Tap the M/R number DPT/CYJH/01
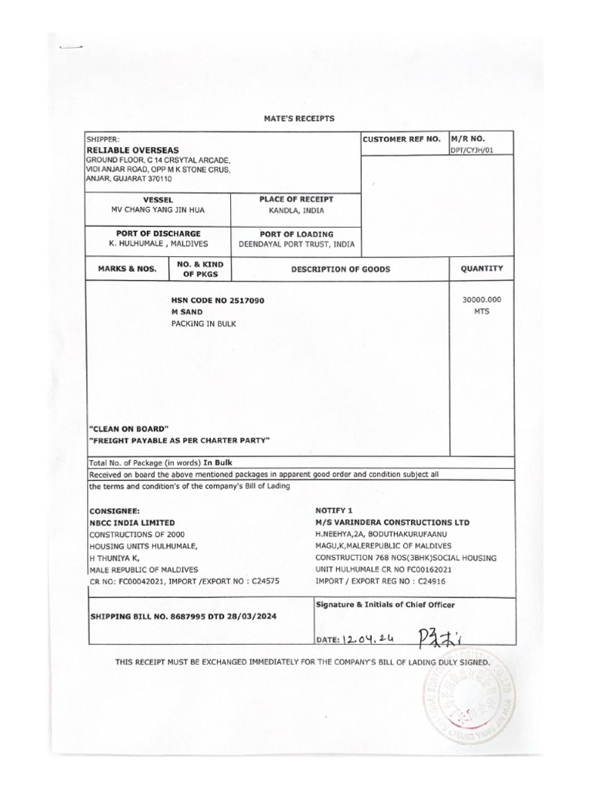471,151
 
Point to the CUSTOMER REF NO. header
401,139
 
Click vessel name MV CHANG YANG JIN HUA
159,210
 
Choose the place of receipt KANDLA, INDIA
296,210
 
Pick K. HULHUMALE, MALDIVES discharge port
159,244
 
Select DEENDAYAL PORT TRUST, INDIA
296,244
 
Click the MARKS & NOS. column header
126,269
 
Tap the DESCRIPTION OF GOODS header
340,269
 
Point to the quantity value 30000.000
482,300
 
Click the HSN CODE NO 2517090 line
219,300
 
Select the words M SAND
187,312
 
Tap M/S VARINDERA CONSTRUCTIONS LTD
392,523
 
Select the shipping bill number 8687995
195,617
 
